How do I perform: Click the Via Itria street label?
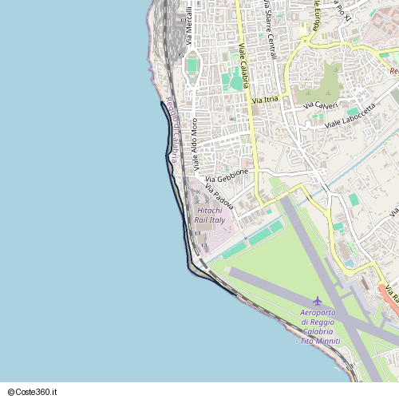pyautogui.click(x=265, y=100)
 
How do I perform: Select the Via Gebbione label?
pyautogui.click(x=227, y=176)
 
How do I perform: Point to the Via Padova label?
pyautogui.click(x=219, y=197)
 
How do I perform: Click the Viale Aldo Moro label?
pyautogui.click(x=196, y=144)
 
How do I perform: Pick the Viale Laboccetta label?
pyautogui.click(x=350, y=116)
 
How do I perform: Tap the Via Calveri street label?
pyautogui.click(x=321, y=105)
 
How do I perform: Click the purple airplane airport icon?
pyautogui.click(x=318, y=301)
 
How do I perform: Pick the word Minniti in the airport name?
pyautogui.click(x=327, y=342)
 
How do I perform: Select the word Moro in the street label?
pyautogui.click(x=194, y=128)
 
